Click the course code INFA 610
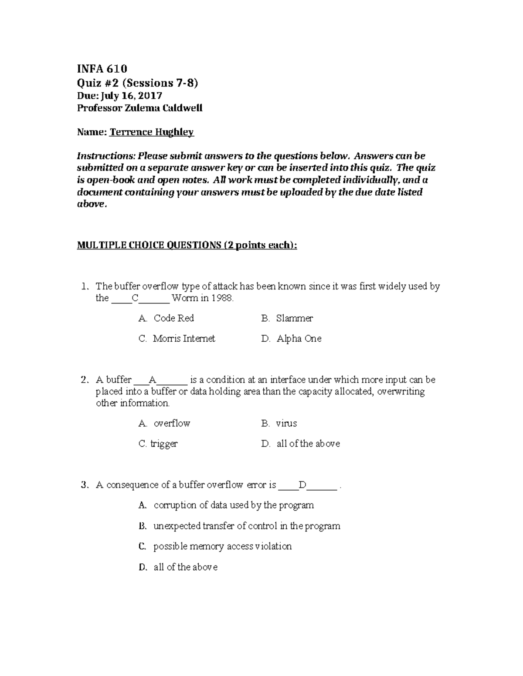[x=102, y=69]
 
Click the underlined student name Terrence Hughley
[x=151, y=132]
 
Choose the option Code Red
[x=173, y=318]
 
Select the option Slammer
[x=294, y=318]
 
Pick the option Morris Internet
[x=183, y=339]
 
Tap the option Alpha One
[x=299, y=339]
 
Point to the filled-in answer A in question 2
[x=152, y=380]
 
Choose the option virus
[x=286, y=423]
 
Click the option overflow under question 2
[x=172, y=423]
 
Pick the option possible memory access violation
[x=222, y=546]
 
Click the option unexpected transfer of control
[x=246, y=526]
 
